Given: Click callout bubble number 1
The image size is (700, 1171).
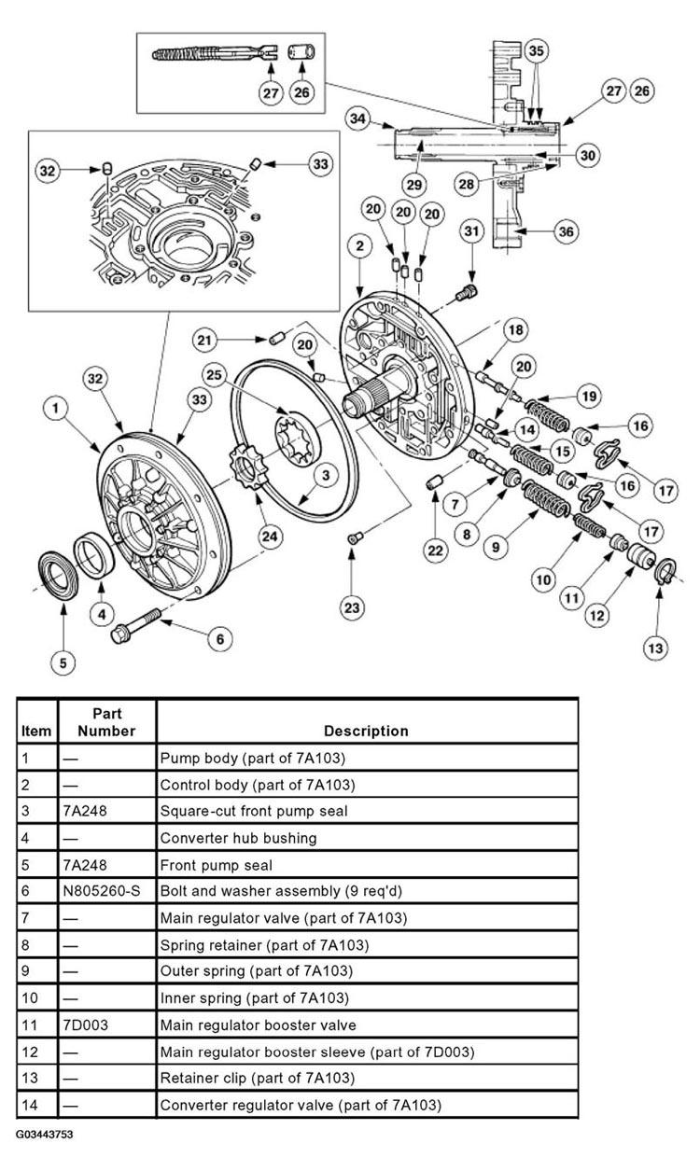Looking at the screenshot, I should coord(57,408).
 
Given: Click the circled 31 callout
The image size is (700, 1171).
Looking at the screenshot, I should coord(473,230).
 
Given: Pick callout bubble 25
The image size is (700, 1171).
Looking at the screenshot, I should coord(241,376).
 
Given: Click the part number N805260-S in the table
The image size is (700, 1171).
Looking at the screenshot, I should coord(102,891).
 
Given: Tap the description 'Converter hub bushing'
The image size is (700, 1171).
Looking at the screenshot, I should coord(238,838).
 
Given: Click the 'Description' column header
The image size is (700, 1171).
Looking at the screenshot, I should coord(366,731).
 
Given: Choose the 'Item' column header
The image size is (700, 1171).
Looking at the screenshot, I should coord(36,732).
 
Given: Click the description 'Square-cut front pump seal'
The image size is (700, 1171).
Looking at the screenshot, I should coord(254,811).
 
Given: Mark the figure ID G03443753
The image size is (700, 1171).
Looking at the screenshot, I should coord(44,1135).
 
